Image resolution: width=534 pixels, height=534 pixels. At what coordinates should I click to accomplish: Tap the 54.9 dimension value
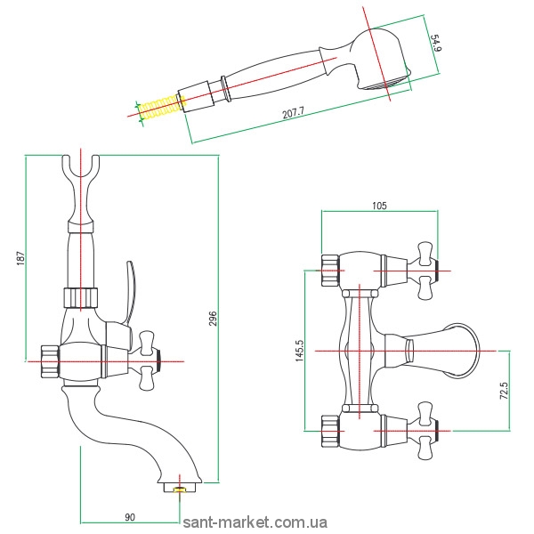(436, 43)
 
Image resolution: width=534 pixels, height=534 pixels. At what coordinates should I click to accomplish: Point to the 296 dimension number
(213, 319)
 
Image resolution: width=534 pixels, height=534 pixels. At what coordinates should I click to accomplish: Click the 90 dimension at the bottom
(130, 516)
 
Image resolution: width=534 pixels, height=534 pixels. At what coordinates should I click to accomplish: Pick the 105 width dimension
(378, 206)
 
